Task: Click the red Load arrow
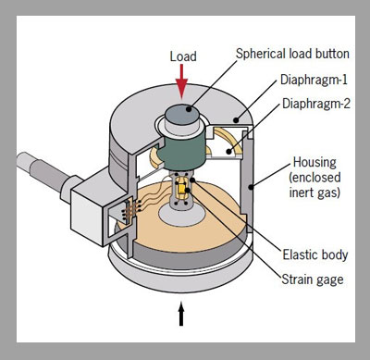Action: (181, 81)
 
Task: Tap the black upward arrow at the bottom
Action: (181, 314)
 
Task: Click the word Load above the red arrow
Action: (183, 56)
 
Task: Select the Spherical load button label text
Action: (292, 54)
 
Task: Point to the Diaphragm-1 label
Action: (314, 80)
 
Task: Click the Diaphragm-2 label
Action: (316, 104)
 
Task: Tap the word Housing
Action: (314, 163)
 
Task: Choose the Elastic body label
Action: (315, 254)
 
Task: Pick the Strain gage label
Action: (313, 279)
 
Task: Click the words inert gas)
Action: (314, 192)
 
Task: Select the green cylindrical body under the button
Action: (182, 150)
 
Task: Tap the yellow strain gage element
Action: (181, 189)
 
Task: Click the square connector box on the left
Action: (90, 209)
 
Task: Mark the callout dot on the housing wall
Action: (251, 187)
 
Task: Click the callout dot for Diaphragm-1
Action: (236, 120)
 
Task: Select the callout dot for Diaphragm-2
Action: (228, 152)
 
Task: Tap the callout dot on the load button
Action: (189, 109)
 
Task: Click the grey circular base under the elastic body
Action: (182, 215)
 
